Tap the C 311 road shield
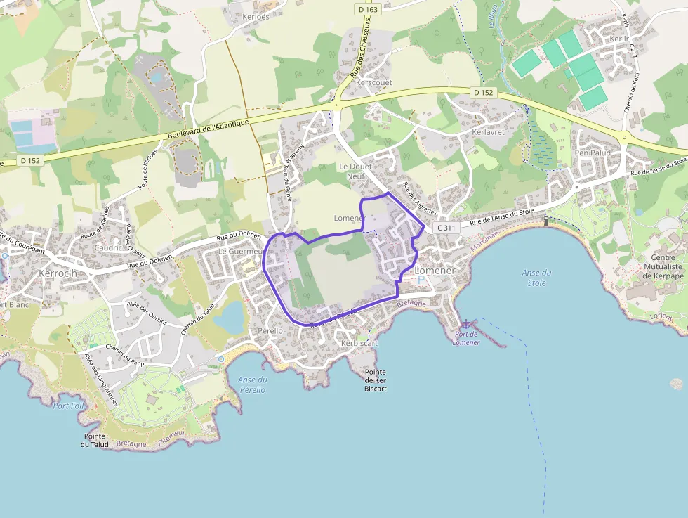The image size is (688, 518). click(446, 228)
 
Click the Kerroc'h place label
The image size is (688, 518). click(58, 273)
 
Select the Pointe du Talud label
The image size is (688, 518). click(94, 440)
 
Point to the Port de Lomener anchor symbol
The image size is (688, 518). click(465, 324)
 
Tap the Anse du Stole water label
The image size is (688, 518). click(536, 278)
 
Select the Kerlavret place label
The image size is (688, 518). click(489, 131)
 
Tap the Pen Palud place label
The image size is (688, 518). click(593, 153)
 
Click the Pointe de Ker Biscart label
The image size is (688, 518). click(376, 380)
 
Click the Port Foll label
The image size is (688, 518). click(68, 406)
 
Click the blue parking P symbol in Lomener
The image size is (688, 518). click(421, 280)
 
